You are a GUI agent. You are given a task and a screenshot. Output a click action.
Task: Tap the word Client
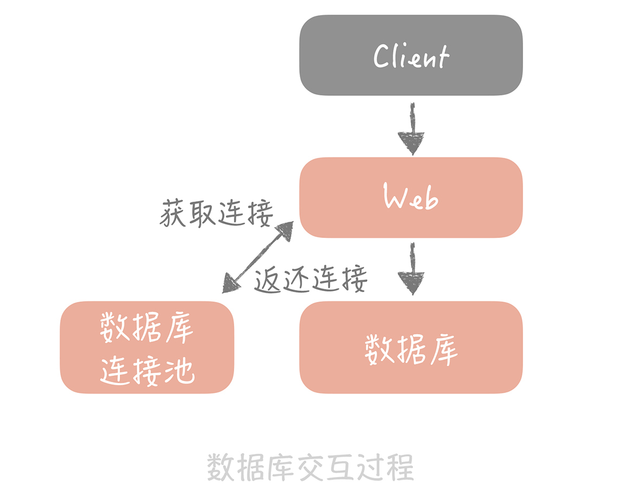click(411, 56)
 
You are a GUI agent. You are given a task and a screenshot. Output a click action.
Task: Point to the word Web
click(411, 198)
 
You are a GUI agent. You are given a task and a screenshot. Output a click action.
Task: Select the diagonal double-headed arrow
click(257, 257)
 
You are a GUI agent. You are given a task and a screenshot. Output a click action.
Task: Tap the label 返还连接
click(311, 279)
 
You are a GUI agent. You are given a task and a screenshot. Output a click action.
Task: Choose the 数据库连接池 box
click(147, 347)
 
